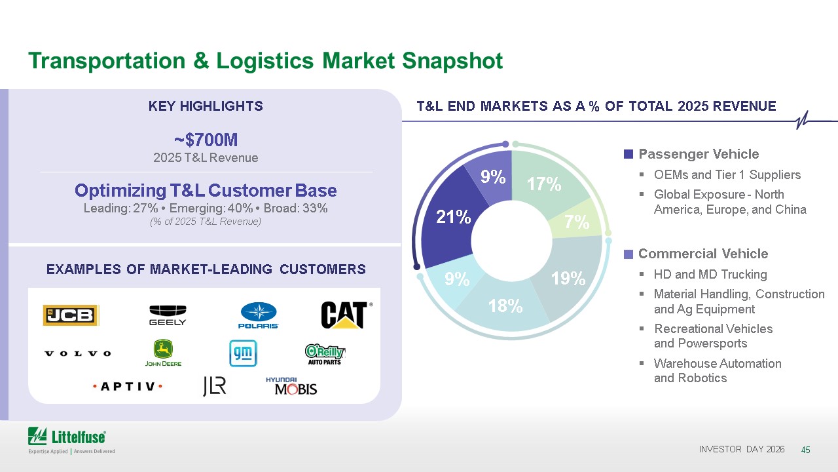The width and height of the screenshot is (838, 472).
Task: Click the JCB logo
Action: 71,315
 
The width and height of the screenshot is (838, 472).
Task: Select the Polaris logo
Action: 259,315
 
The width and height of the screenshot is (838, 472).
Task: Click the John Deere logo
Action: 163,353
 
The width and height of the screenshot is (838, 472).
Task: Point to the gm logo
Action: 243,353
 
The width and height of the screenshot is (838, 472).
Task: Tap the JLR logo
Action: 215,386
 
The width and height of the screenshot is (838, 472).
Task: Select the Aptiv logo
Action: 128,386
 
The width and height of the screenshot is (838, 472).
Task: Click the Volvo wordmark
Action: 78,353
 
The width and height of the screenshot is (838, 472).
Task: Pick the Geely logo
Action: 168,315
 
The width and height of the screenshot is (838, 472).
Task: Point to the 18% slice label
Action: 505,306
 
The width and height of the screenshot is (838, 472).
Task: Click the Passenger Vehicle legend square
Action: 628,154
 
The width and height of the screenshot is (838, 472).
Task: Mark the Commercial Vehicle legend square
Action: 628,254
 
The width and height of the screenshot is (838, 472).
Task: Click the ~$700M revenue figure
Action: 206,140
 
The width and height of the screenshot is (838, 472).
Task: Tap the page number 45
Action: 805,450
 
